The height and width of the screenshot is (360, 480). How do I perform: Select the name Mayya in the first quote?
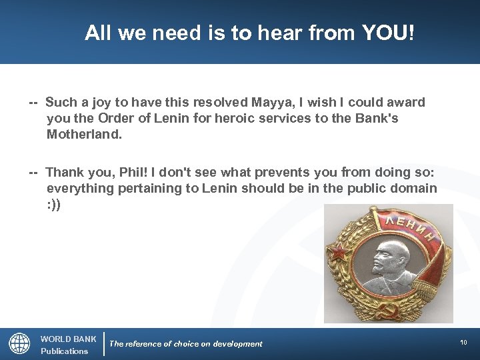coord(272,103)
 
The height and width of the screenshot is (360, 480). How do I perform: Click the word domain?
coord(409,188)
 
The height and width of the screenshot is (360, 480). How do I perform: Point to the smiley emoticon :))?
coord(53,205)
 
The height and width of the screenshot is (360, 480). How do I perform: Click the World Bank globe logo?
coord(19,343)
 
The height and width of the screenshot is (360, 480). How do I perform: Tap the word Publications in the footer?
coord(64,351)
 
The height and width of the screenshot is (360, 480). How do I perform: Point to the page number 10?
coord(463,342)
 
